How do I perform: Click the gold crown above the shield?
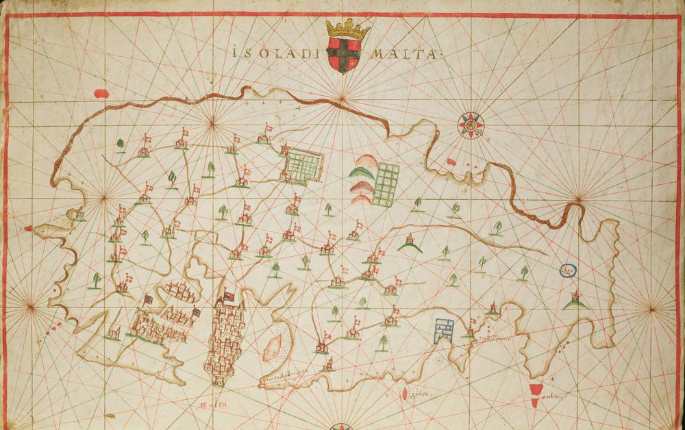click(347, 29)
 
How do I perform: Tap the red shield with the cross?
click(342, 55)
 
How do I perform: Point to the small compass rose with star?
click(471, 125)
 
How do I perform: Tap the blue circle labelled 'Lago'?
click(568, 271)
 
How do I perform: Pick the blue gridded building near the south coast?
click(443, 331)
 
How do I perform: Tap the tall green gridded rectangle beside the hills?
click(386, 184)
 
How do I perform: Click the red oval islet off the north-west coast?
click(101, 93)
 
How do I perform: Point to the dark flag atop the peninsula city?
click(229, 297)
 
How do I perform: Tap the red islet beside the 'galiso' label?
click(406, 394)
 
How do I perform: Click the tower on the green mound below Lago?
click(575, 299)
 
